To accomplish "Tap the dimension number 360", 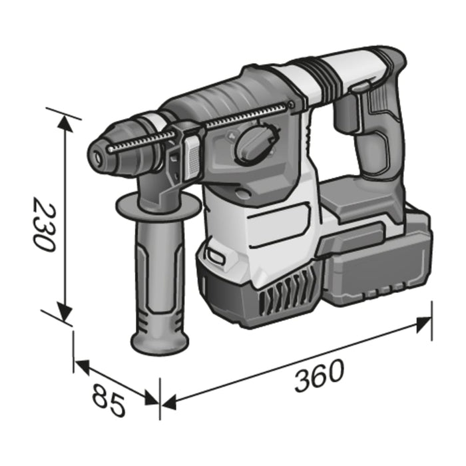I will [x=319, y=375].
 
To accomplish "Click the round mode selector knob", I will [x=252, y=144].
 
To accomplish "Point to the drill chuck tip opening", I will [x=98, y=158].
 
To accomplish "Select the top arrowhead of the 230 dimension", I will [x=65, y=124].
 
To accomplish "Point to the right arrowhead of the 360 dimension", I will [x=423, y=324].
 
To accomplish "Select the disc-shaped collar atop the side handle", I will [x=157, y=206].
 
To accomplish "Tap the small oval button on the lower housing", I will [x=216, y=254].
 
